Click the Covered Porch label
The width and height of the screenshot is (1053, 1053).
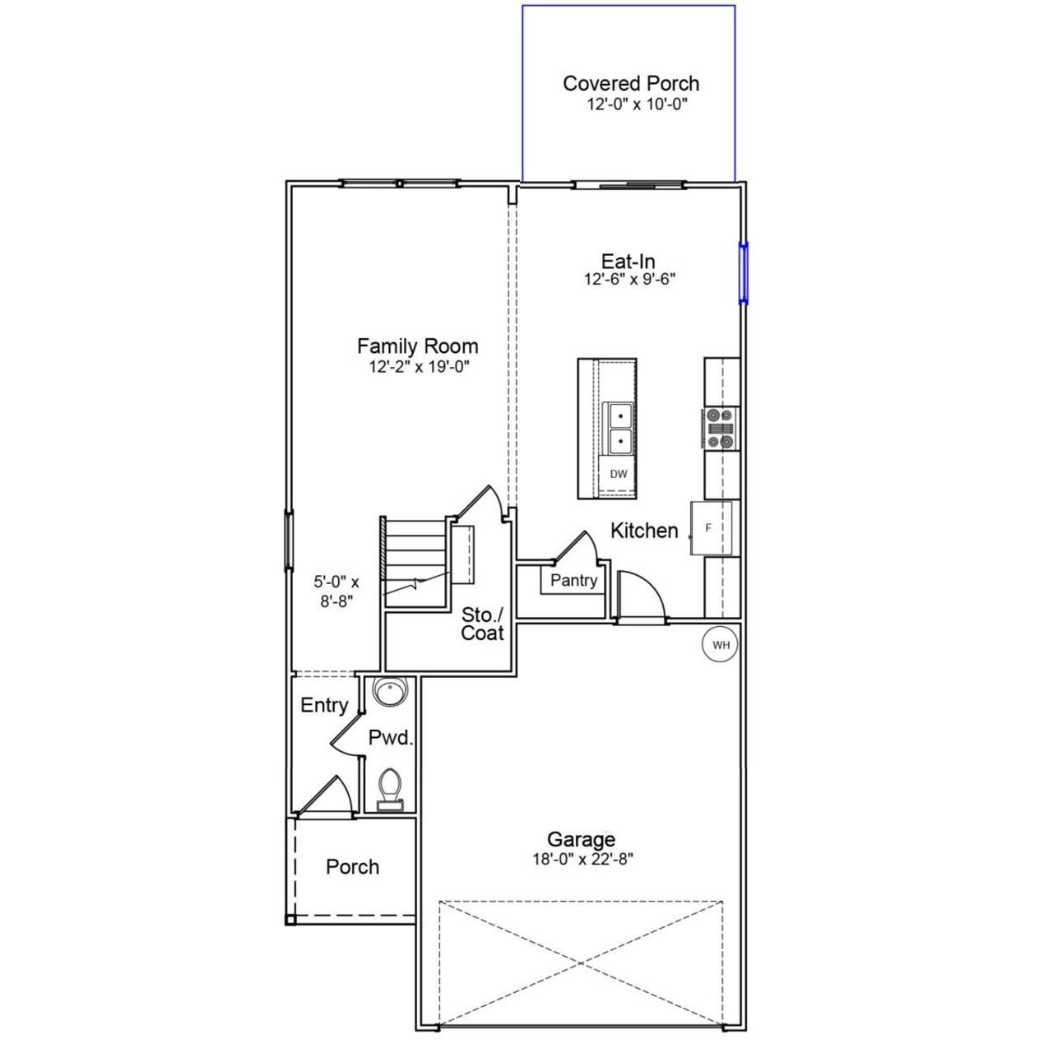pos(631,83)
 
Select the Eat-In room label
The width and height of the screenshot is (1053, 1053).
pos(629,262)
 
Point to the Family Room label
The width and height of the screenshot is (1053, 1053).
pos(418,346)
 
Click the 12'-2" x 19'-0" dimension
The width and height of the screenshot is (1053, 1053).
pos(418,367)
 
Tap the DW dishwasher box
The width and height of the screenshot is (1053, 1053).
pos(618,474)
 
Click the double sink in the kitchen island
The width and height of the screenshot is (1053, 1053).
pos(619,429)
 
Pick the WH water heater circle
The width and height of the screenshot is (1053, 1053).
pos(721,645)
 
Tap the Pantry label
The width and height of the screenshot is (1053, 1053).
pos(573,580)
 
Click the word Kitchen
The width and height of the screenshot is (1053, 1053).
pos(644,531)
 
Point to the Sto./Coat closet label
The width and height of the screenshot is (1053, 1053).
pos(482,624)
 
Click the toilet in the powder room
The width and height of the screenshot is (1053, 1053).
pos(389,789)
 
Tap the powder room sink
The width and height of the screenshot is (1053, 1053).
pos(389,691)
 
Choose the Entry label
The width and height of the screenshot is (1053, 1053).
pos(324,705)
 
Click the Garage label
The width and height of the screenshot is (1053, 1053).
pos(581,839)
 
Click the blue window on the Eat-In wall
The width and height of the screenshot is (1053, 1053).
pos(744,272)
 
